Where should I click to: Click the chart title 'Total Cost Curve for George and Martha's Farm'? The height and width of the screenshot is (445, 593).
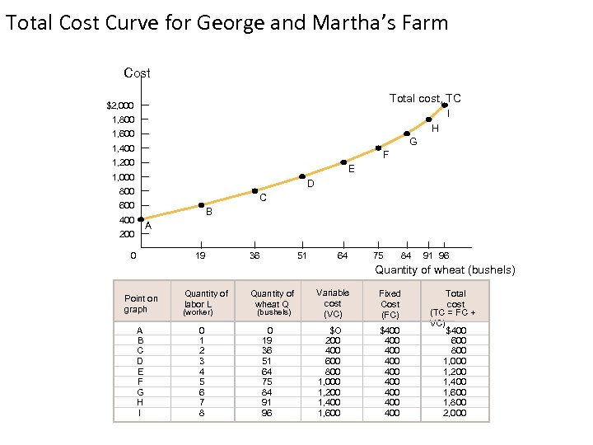pos(226,22)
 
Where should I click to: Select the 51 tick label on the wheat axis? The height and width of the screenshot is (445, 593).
pos(301,255)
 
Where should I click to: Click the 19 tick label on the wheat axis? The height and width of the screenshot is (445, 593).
pos(200,255)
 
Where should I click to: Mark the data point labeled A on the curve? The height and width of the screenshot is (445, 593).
pos(141,219)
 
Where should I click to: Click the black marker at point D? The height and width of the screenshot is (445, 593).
pos(302,176)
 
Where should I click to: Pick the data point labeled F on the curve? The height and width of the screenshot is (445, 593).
pos(378,148)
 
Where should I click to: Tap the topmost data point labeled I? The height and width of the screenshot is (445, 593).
pos(445,105)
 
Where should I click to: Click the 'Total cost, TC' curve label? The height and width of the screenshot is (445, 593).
pos(424,98)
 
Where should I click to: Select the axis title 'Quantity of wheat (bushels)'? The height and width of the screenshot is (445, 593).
pos(446,270)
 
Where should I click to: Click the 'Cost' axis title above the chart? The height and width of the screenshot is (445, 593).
pos(137,73)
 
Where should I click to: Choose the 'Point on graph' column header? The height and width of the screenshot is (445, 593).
pos(141,303)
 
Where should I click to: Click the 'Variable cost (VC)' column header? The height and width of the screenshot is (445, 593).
pos(333,302)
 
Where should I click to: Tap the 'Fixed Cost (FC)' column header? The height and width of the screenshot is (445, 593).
pos(390,303)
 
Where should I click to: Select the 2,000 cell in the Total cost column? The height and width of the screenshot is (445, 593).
pos(455,413)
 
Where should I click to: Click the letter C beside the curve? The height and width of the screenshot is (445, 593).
pos(262,198)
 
